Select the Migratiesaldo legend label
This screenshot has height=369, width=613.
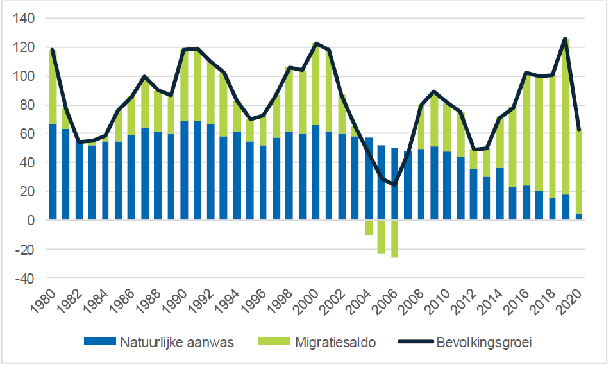click(x=335, y=342)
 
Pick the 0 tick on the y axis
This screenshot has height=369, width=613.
click(x=33, y=221)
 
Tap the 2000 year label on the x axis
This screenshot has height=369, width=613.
click(x=310, y=301)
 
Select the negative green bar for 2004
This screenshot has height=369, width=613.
click(x=369, y=228)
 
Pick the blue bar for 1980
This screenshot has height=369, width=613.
click(x=53, y=172)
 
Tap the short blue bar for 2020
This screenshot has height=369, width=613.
click(x=579, y=217)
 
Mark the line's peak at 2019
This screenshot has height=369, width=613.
click(x=566, y=39)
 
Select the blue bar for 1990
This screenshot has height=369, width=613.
click(x=185, y=171)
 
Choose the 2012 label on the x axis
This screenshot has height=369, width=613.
click(x=467, y=301)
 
